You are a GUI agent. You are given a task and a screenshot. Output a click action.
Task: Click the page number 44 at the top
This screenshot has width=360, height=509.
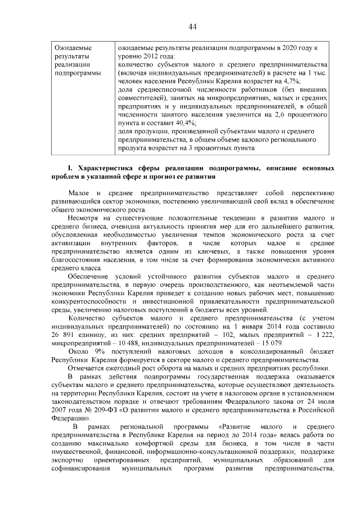tap(192, 26)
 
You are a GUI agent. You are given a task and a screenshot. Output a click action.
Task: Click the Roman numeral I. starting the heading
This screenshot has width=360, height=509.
tap(70, 168)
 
